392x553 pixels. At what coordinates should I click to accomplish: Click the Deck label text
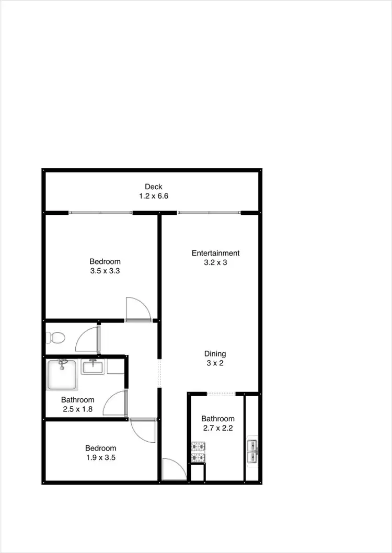pyautogui.click(x=154, y=187)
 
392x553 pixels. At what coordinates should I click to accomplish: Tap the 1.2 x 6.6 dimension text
pyautogui.click(x=154, y=196)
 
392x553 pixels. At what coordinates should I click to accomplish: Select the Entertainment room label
pyautogui.click(x=215, y=254)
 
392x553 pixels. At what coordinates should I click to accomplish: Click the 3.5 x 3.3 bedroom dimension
pyautogui.click(x=105, y=271)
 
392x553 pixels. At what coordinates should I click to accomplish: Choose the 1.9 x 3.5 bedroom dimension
pyautogui.click(x=101, y=457)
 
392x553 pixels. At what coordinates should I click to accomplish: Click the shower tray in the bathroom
pyautogui.click(x=62, y=374)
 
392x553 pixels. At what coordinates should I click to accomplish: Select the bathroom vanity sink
pyautogui.click(x=93, y=366)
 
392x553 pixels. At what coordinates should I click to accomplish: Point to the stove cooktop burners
pyautogui.click(x=198, y=452)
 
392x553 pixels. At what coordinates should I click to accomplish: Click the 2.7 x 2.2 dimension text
pyautogui.click(x=217, y=428)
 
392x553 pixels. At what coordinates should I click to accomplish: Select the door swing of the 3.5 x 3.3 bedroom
pyautogui.click(x=137, y=309)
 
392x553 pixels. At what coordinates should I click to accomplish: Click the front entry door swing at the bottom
pyautogui.click(x=174, y=469)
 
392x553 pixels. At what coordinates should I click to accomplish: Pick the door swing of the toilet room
pyautogui.click(x=88, y=340)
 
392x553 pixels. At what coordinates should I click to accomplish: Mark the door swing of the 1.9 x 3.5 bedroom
pyautogui.click(x=143, y=430)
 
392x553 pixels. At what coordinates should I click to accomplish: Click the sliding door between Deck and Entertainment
pyautogui.click(x=209, y=213)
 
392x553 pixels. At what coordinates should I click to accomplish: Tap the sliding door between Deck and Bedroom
pyautogui.click(x=100, y=213)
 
